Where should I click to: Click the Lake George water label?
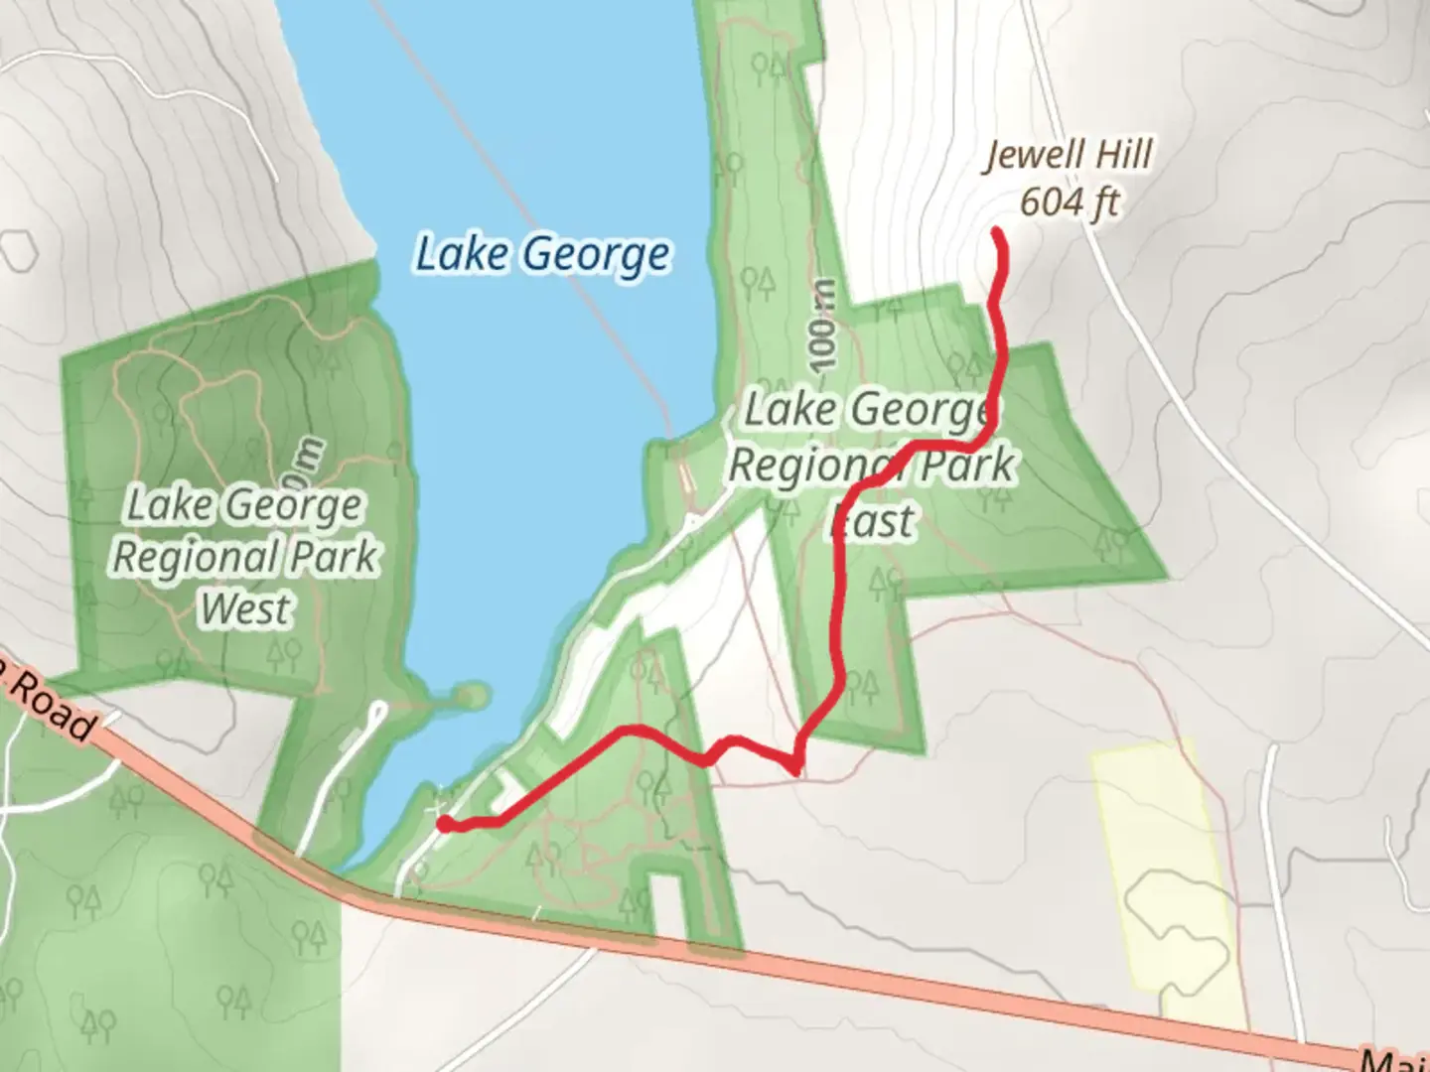(542, 254)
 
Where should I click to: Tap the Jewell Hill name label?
(1069, 156)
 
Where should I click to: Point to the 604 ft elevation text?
(1069, 202)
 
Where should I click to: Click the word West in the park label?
(245, 607)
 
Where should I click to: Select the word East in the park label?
(873, 520)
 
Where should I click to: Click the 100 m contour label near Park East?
(823, 326)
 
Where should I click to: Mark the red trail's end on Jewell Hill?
(996, 233)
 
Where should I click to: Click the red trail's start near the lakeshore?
(446, 822)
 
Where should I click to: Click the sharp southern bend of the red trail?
(794, 767)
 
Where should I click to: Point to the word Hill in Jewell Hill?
(1118, 155)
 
